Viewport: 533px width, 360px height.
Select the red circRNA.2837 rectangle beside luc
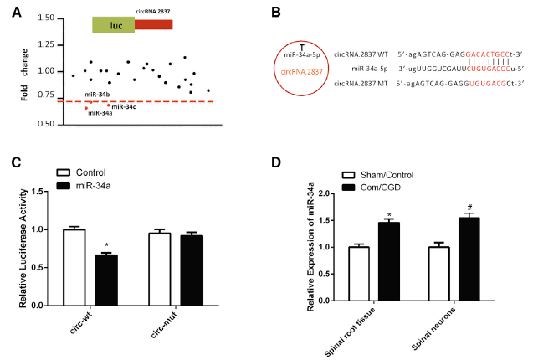(153, 25)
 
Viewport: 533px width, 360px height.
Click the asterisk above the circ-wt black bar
(106, 246)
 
